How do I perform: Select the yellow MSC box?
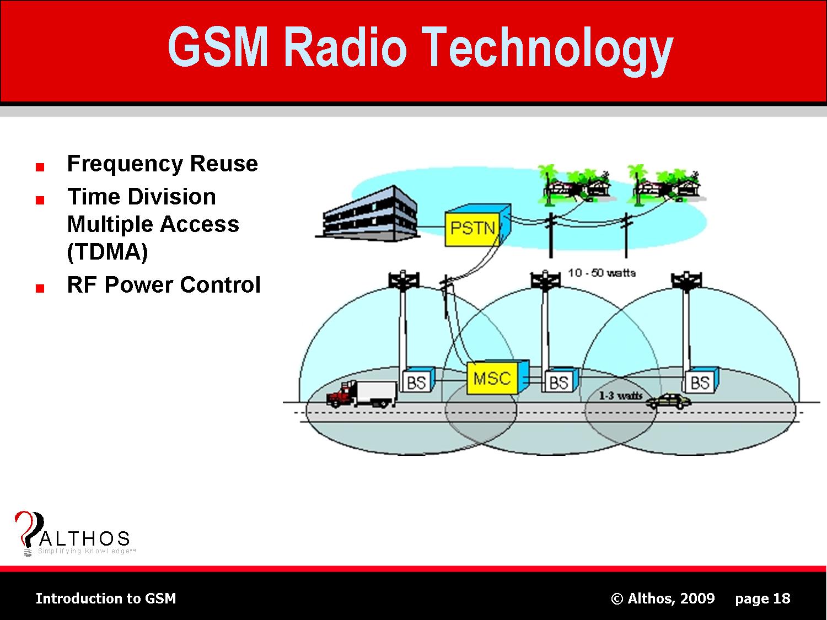(492, 379)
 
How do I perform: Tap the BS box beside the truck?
(417, 381)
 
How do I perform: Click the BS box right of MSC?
(559, 381)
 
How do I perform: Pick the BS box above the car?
(700, 381)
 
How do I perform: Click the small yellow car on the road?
(669, 401)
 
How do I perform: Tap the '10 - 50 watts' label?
(602, 273)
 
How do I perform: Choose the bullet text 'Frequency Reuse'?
(162, 164)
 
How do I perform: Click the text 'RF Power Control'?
(163, 285)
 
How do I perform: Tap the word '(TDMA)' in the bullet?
(108, 252)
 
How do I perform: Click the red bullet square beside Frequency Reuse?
(39, 167)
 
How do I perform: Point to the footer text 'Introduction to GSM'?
(106, 599)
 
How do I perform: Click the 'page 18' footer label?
(762, 599)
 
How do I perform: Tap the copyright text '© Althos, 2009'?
(663, 599)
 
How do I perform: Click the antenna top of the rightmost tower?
(686, 279)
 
